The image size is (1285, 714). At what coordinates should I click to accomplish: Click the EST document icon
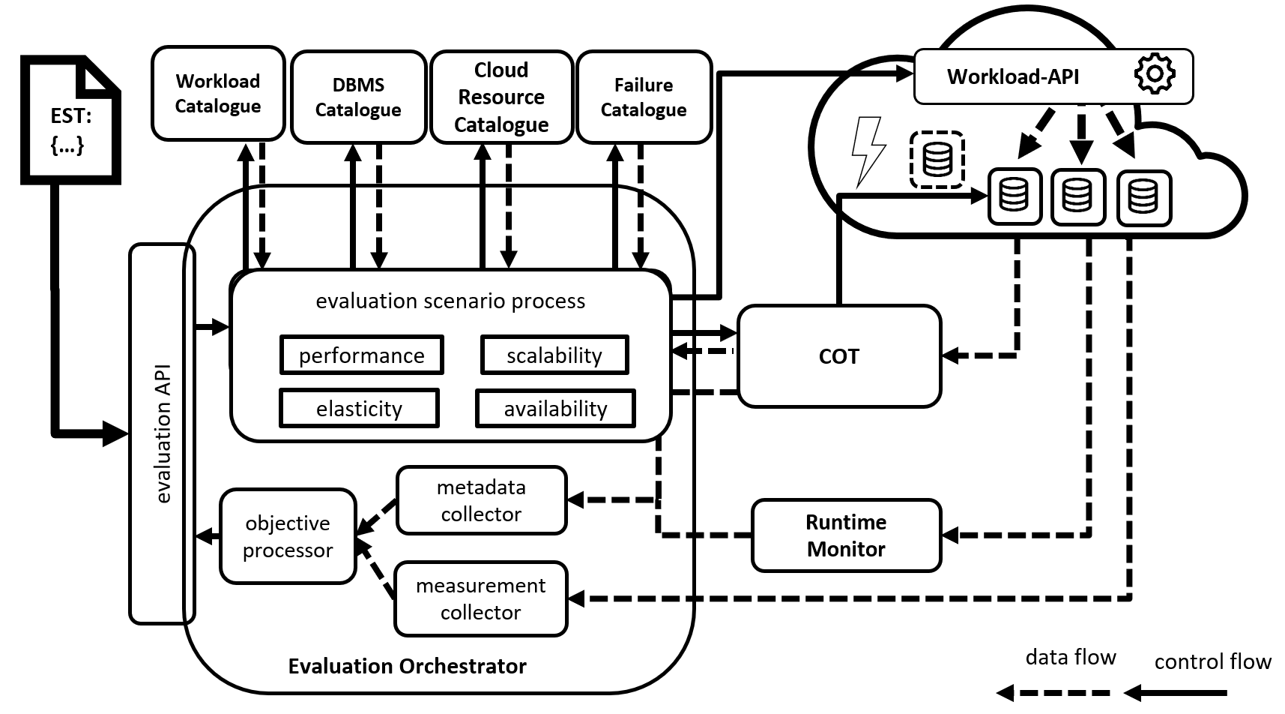point(70,120)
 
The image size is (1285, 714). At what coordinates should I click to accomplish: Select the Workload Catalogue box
point(218,93)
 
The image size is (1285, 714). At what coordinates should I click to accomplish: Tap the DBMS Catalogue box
point(358,97)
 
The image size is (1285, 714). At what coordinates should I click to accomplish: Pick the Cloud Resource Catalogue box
point(501,97)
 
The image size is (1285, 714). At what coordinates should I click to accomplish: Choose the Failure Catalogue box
point(644,97)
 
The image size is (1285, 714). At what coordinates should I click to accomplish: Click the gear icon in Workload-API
point(1154,73)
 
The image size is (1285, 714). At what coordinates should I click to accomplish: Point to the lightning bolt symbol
point(868,150)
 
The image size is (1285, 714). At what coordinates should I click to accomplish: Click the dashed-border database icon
point(937,160)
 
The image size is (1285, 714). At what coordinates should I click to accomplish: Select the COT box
point(839,356)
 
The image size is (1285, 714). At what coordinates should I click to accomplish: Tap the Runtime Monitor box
point(846,535)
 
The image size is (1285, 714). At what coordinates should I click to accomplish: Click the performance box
point(362,355)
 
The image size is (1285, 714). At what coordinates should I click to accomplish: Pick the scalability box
point(554,355)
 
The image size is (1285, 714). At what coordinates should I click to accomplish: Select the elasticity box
point(359,408)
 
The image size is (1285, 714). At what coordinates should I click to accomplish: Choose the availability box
point(555,408)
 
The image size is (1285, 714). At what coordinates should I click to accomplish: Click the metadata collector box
point(481,500)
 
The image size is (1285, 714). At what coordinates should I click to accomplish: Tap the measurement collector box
point(480,598)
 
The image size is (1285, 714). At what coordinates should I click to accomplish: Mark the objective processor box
point(288,536)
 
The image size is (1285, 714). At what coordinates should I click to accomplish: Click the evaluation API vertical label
point(163,433)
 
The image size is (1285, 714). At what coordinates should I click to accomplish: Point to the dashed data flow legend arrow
point(1053,693)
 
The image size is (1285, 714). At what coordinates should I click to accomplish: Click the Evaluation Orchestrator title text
point(407,666)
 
